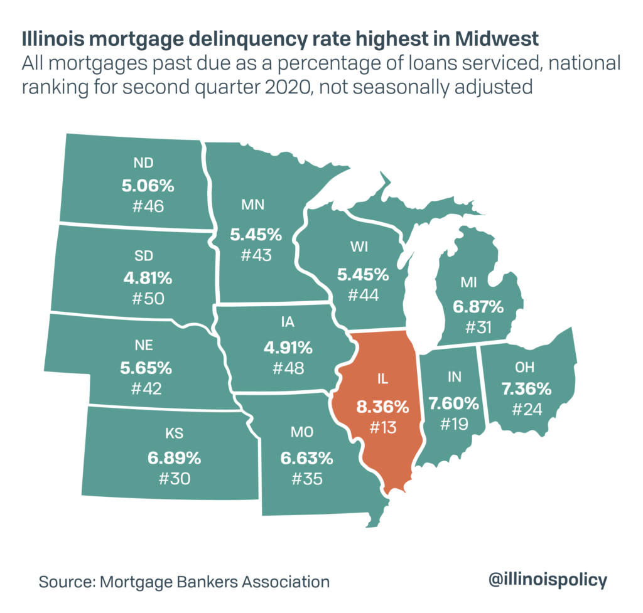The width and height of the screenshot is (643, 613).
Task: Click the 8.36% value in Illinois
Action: coord(382,407)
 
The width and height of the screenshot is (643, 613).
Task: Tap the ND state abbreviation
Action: coord(144,164)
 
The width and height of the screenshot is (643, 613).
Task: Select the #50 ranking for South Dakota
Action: coord(148,298)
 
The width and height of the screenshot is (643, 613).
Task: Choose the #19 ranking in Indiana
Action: coord(454,423)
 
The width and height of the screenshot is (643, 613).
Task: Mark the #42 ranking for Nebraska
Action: coord(146,388)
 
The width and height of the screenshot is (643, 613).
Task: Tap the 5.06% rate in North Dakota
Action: coord(148,185)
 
